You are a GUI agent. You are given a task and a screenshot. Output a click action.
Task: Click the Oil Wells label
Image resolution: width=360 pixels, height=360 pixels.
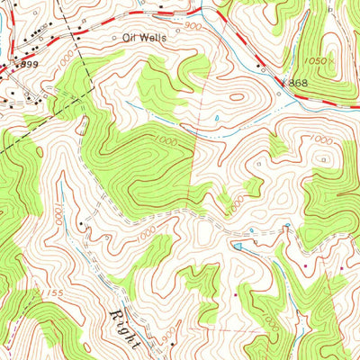pyautogui.click(x=146, y=39)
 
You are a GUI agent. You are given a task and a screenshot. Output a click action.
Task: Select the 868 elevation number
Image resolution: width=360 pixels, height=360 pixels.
pyautogui.click(x=298, y=83)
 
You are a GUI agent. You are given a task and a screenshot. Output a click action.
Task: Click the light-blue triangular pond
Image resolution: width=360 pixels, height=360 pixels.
pyautogui.click(x=238, y=245)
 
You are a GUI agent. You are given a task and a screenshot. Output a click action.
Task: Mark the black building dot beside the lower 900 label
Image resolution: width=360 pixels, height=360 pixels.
pyautogui.click(x=167, y=340)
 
